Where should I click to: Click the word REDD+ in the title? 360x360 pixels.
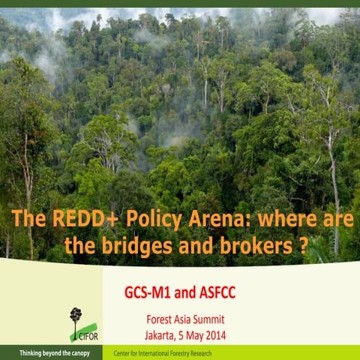click(x=73, y=220)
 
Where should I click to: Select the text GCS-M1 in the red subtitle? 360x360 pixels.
click(x=149, y=290)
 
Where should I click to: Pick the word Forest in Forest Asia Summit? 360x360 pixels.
click(x=159, y=318)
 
